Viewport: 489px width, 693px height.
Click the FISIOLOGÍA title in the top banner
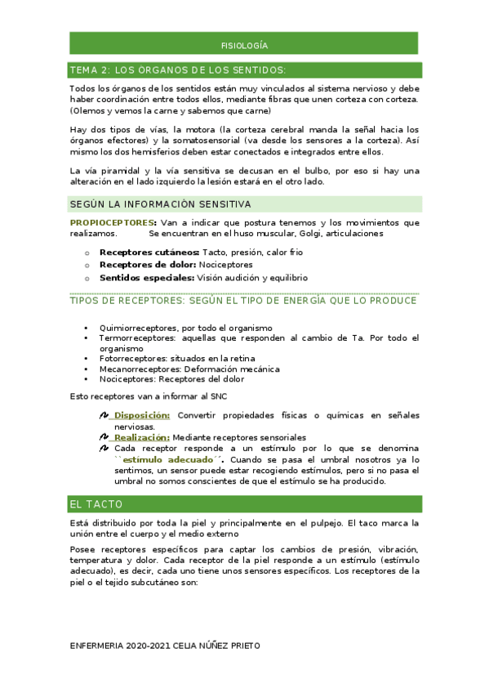pyautogui.click(x=244, y=46)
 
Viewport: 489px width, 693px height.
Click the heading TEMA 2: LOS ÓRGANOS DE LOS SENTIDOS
pyautogui.click(x=177, y=69)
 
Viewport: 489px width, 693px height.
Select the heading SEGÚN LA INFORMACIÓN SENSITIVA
pyautogui.click(x=160, y=203)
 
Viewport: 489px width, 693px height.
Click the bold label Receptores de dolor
pyautogui.click(x=148, y=264)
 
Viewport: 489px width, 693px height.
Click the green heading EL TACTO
pyautogui.click(x=96, y=503)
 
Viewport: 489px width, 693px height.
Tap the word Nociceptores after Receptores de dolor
pyautogui.click(x=226, y=264)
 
